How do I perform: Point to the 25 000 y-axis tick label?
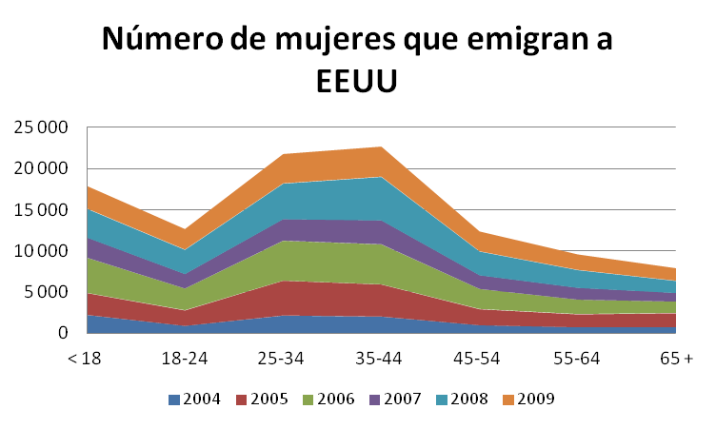(x=39, y=127)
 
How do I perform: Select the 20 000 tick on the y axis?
(x=39, y=168)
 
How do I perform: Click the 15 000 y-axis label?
(x=39, y=209)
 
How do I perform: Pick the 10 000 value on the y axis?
(x=39, y=251)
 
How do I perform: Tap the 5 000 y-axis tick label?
(x=45, y=292)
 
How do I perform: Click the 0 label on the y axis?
(x=62, y=333)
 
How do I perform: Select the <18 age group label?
(x=84, y=359)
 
